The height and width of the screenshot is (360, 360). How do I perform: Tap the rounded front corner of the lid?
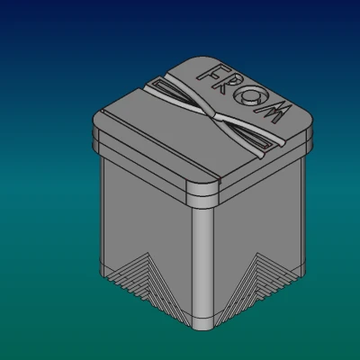tap(202, 192)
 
